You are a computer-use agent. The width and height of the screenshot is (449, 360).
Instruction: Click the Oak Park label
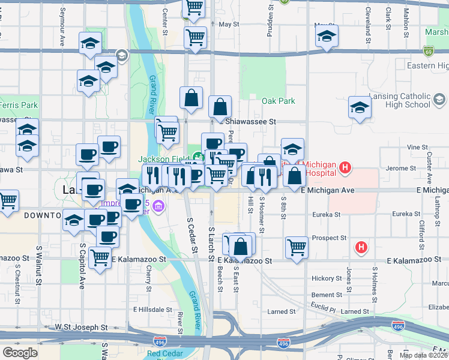pos(278,101)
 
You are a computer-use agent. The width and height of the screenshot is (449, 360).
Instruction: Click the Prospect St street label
pos(330,238)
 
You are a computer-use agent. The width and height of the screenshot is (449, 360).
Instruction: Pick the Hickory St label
pos(326,278)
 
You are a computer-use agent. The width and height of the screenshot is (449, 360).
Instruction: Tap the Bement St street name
pos(327,295)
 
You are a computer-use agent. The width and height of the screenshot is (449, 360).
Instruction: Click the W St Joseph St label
pos(81,328)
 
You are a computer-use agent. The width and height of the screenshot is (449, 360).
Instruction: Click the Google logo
pos(20,353)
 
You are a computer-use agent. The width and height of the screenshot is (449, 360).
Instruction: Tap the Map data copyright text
pos(423,355)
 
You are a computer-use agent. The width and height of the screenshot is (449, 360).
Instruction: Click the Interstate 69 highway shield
pos(428,50)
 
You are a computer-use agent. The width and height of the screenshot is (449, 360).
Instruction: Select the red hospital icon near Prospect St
pos(361,247)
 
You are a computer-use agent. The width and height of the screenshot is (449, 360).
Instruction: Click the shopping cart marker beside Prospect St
pos(297,247)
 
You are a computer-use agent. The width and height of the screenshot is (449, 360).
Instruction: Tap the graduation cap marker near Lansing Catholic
pos(360,108)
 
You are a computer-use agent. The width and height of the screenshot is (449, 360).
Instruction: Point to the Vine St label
pos(416,147)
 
